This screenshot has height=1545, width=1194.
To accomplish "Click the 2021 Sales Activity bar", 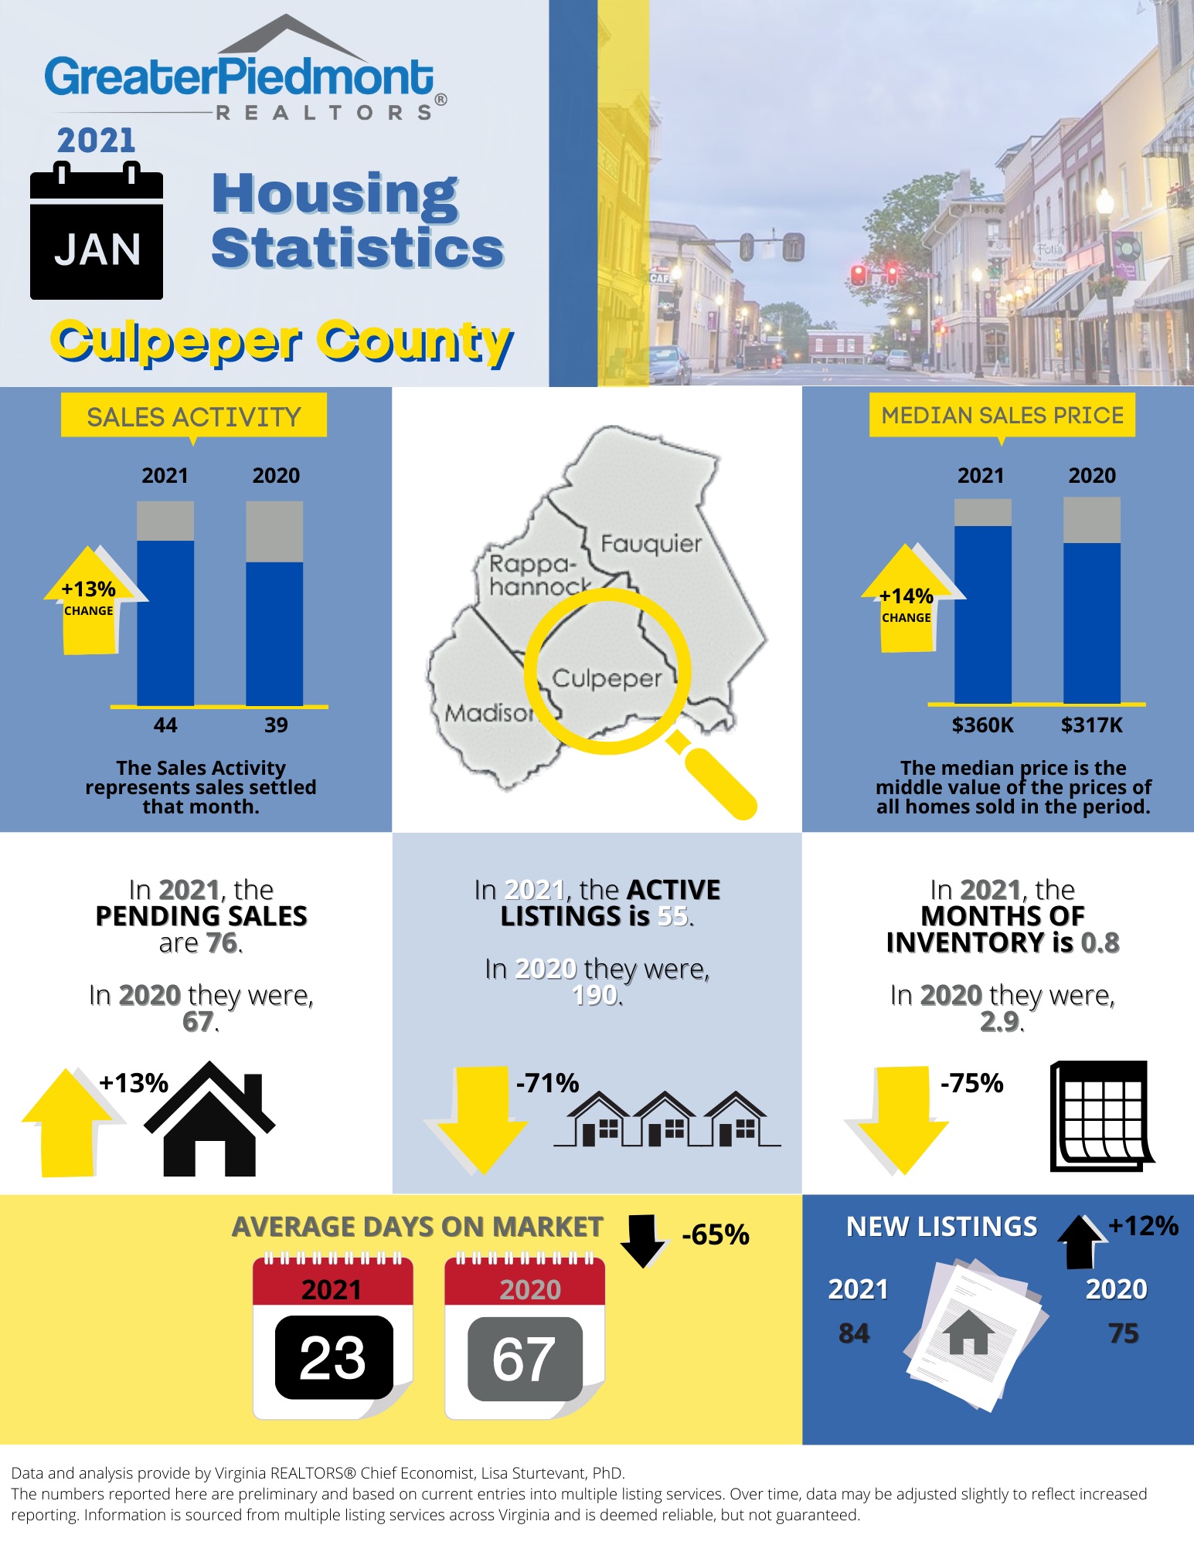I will tap(165, 610).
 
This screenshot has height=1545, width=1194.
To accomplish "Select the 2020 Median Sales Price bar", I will tap(1091, 610).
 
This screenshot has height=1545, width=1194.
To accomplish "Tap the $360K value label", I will tap(982, 725).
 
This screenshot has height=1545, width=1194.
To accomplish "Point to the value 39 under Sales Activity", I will tap(276, 725).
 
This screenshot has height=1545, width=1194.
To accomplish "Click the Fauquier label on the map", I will tap(651, 544).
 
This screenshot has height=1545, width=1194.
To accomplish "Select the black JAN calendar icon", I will tap(97, 232).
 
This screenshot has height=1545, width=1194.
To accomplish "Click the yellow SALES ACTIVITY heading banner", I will tap(193, 416).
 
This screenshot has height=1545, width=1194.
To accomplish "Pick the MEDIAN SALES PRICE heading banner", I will tap(1002, 416).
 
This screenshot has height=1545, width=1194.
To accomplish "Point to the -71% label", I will tap(547, 1083).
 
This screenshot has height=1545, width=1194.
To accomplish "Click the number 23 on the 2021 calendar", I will tap(333, 1358).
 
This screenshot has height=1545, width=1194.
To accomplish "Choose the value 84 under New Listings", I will tap(854, 1333).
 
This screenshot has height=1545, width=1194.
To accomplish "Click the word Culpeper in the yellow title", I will tap(176, 341).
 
